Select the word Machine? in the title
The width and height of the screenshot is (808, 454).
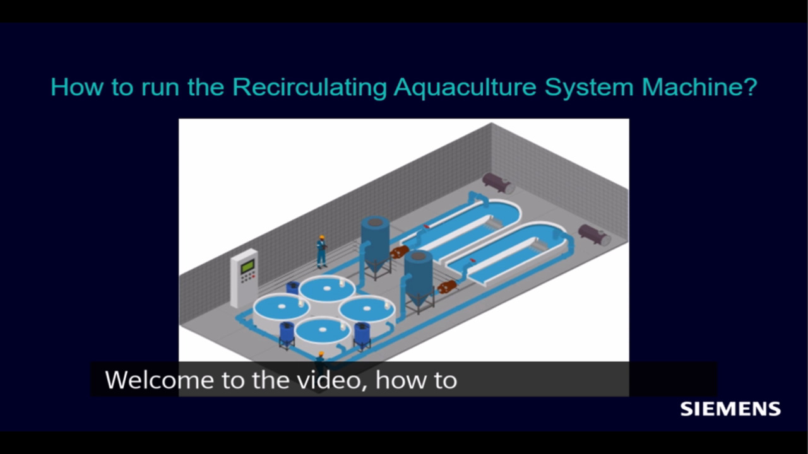(699, 87)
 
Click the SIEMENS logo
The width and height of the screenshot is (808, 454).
(730, 409)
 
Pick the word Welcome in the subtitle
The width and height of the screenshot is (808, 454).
(159, 380)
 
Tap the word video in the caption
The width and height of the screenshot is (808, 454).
(333, 381)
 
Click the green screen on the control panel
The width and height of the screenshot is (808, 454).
(247, 266)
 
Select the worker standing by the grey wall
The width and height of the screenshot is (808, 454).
(321, 252)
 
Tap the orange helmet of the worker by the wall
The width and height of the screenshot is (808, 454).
(322, 238)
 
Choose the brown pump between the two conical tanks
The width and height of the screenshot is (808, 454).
(400, 252)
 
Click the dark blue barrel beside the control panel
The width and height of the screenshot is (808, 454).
(292, 288)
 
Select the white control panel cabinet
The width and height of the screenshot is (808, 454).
(244, 278)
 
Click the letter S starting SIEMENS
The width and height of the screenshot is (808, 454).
(687, 409)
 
